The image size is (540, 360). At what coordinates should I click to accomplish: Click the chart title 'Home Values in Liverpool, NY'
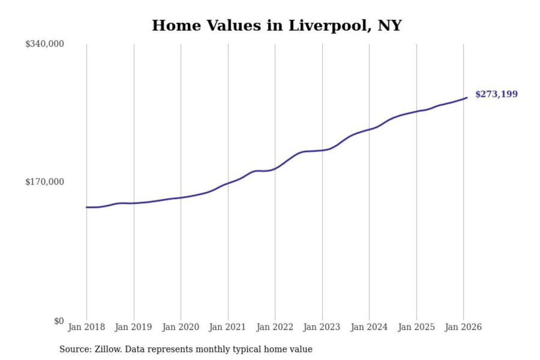[277, 25]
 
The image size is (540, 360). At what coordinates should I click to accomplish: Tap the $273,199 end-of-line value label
[496, 94]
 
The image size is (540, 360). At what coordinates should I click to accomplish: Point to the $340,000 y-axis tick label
[45, 44]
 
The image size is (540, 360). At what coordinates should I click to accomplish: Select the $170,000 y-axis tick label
[45, 182]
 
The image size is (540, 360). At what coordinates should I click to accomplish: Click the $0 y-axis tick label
[59, 321]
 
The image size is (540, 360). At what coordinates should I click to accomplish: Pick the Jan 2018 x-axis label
[86, 327]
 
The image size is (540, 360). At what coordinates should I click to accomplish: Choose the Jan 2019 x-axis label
[133, 327]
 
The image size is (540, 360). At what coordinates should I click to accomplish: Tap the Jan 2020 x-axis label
[180, 327]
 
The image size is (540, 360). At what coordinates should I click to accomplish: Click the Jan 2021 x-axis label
[227, 327]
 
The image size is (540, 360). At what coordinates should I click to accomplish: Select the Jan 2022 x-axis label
[274, 327]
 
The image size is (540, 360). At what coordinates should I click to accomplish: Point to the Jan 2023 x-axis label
[322, 327]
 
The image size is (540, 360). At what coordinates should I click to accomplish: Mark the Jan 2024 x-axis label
[369, 327]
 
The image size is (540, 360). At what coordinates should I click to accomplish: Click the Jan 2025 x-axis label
[416, 327]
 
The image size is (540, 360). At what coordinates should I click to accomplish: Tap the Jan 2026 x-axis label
[463, 327]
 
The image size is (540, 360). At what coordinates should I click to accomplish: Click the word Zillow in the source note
[108, 349]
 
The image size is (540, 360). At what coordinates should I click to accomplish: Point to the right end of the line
[467, 97]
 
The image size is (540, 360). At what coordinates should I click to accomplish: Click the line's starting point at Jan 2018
[87, 207]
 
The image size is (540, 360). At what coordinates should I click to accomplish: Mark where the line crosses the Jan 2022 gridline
[275, 169]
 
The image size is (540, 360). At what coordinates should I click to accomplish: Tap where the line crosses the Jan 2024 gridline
[369, 129]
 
